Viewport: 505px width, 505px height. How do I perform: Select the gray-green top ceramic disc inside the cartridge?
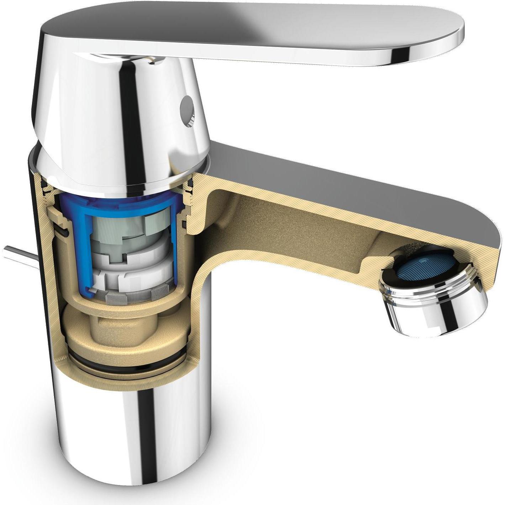[117, 228]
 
